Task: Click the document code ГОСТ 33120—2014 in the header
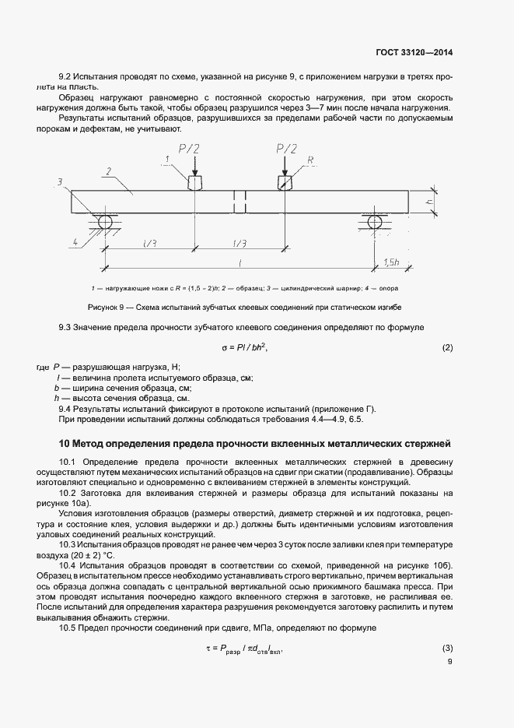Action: pos(411,53)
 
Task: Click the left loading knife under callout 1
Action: pos(194,181)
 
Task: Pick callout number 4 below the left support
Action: pos(75,242)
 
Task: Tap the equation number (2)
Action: pos(447,347)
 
